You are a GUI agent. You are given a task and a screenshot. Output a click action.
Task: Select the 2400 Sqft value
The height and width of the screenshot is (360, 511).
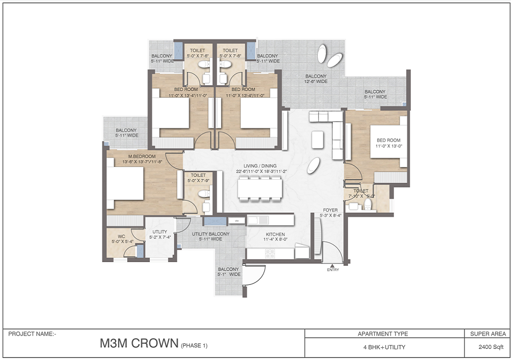pos(487,347)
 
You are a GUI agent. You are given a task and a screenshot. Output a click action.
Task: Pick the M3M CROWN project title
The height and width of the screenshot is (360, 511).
pos(138,344)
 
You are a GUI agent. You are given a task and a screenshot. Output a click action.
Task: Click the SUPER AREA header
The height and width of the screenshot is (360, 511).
pos(487,334)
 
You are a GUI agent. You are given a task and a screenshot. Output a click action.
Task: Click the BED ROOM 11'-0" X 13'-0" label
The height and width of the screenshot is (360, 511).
pos(389,143)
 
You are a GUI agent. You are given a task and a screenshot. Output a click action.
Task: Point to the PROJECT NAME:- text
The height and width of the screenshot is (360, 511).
pos(32,334)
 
